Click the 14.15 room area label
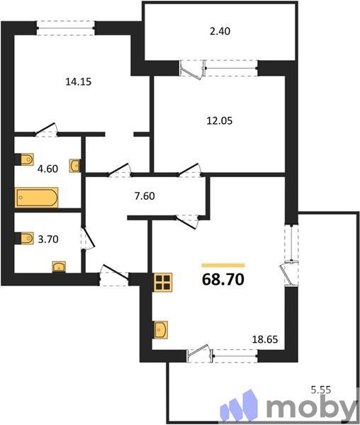[79, 81]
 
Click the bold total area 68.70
[223, 279]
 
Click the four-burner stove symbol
[164, 282]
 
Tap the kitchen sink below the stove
[162, 329]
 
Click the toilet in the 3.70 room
[26, 238]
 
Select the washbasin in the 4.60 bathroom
[74, 166]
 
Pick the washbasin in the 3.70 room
[59, 267]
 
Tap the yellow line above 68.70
[223, 264]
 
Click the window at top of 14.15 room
[65, 27]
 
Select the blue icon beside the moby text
[240, 408]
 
